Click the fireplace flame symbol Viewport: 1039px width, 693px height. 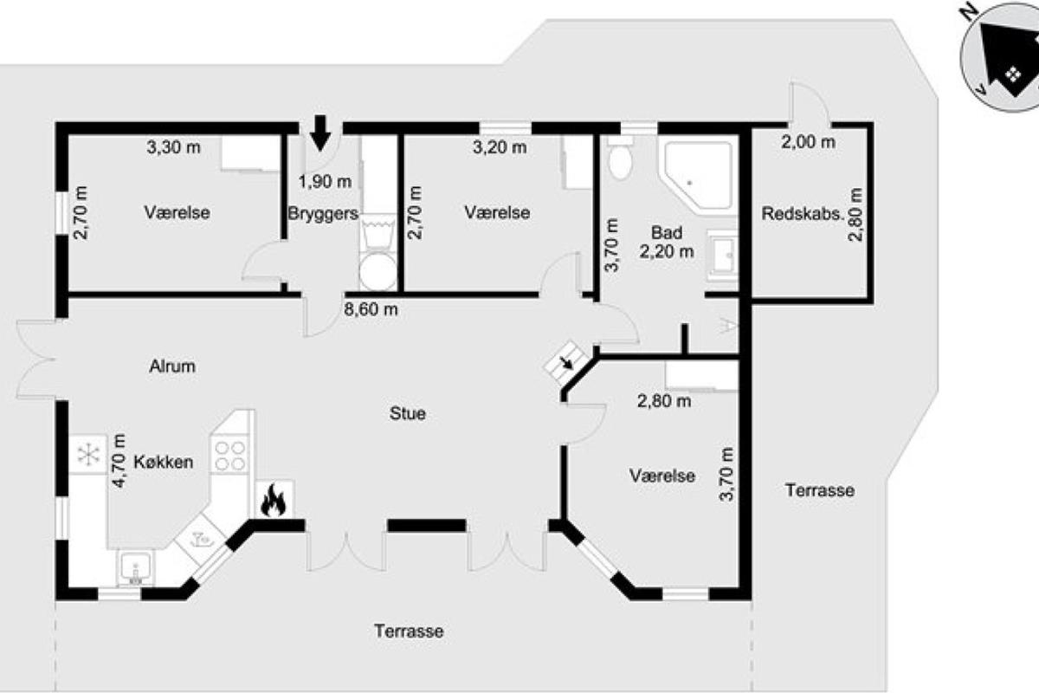tap(274, 500)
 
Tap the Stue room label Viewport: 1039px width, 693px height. tap(407, 413)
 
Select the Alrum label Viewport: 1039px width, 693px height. tap(172, 366)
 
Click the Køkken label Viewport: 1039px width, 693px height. tap(164, 462)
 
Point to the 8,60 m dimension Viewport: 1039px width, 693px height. tap(371, 309)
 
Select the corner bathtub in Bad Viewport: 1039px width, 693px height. tap(698, 178)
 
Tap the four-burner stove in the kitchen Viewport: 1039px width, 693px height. tap(229, 456)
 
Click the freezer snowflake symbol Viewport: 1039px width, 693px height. tap(88, 454)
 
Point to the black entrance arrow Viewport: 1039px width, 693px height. tap(320, 133)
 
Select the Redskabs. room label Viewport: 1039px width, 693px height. tap(802, 213)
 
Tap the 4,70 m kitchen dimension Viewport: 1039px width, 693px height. tap(119, 461)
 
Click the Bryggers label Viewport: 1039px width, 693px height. tap(323, 213)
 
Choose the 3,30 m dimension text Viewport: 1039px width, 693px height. tap(173, 147)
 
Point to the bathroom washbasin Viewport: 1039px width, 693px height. tap(722, 256)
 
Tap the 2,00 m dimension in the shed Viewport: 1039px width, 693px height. tap(809, 142)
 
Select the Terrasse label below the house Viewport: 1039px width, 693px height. tap(409, 631)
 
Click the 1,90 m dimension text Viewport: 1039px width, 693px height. tap(325, 182)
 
